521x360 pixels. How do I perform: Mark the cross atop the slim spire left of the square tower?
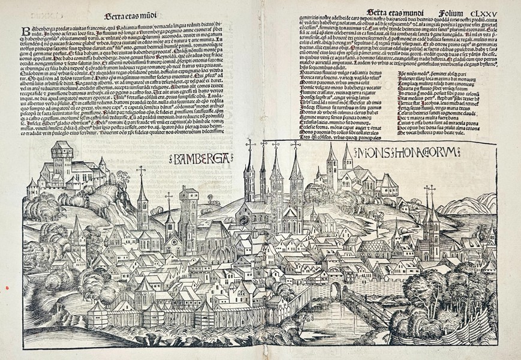pyautogui.click(x=142, y=170)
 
